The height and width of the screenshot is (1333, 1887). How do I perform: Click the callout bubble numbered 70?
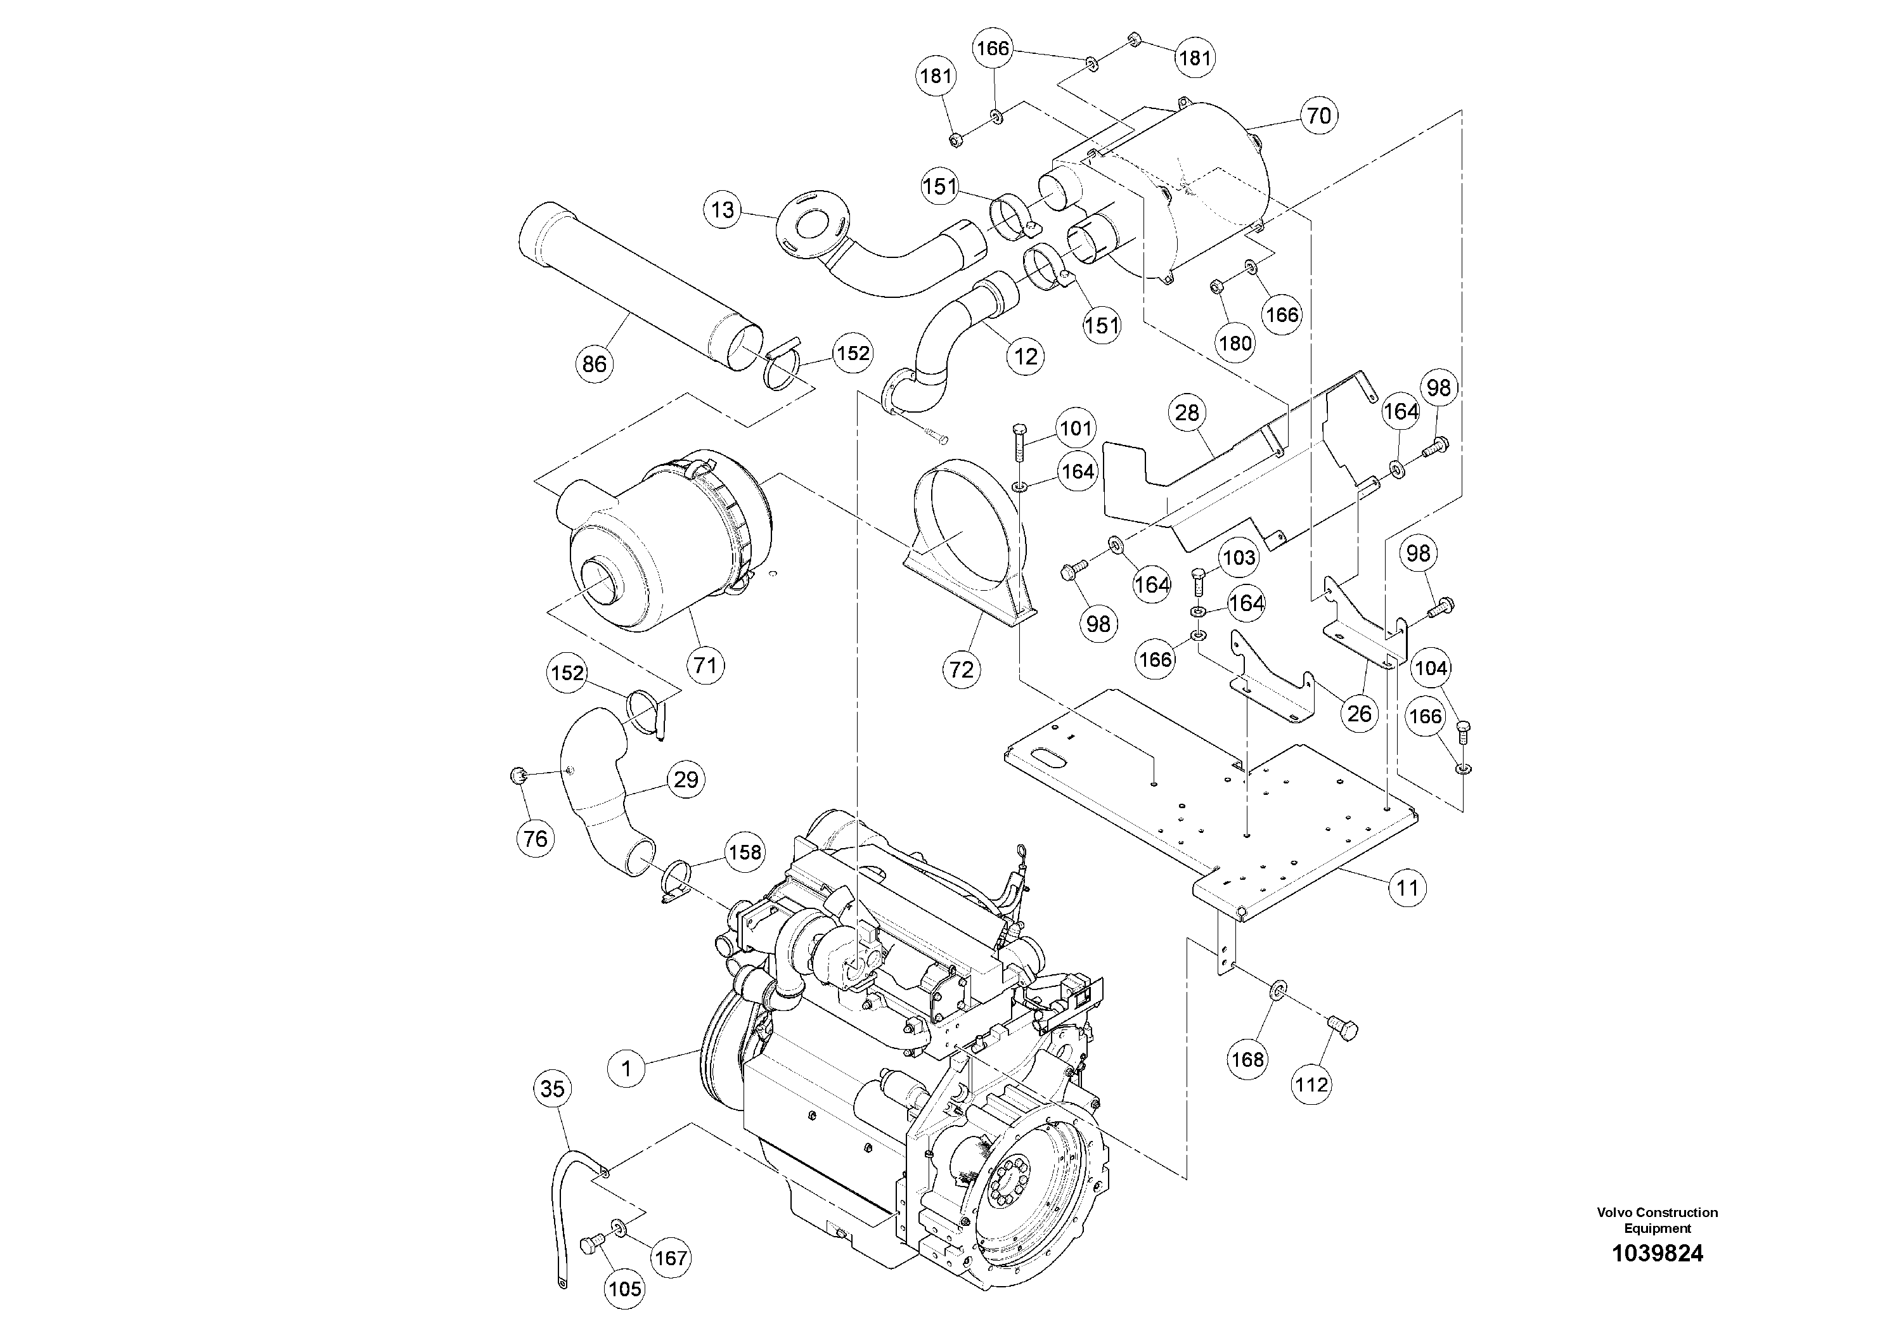point(1318,116)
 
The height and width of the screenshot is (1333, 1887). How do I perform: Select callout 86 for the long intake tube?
point(594,363)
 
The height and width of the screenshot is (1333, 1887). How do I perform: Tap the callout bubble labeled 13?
point(723,210)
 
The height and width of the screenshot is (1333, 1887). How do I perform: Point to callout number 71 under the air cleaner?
point(705,665)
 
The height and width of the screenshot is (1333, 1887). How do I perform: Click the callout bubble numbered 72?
point(961,670)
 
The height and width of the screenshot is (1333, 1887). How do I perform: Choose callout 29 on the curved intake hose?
point(685,779)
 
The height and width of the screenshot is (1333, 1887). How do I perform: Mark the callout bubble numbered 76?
point(535,838)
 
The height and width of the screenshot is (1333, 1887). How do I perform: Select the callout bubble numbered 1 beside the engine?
point(627,1069)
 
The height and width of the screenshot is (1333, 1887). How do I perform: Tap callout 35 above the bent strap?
point(552,1089)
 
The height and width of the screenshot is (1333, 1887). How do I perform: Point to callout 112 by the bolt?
point(1311,1085)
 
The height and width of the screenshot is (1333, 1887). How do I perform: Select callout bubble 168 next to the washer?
point(1247,1059)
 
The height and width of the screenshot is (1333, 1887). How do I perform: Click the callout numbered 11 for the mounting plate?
point(1408,887)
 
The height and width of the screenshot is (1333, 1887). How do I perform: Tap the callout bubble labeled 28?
point(1187,413)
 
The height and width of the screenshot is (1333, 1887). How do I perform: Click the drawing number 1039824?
point(1657,1253)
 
